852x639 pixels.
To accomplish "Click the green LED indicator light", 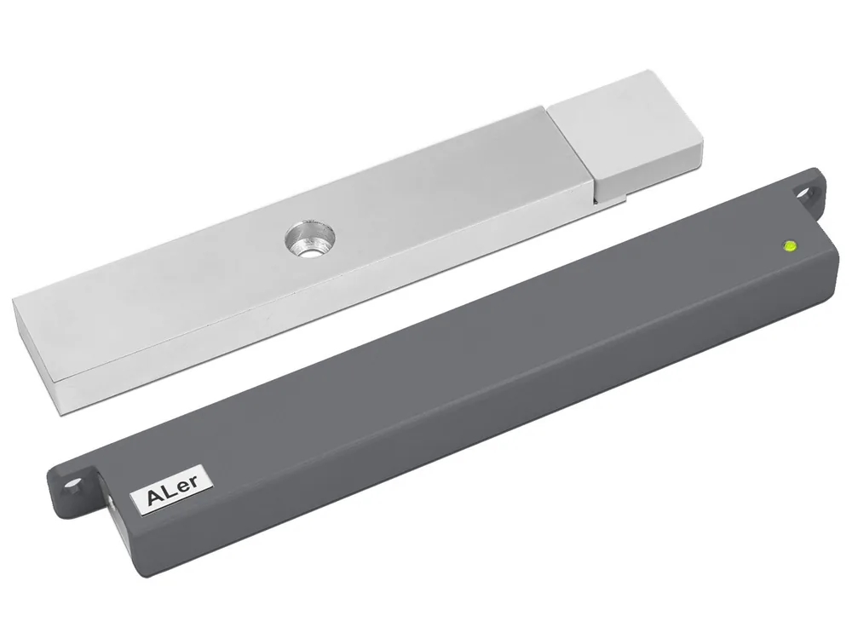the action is coord(790,245).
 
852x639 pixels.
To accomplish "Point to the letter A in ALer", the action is coord(155,497).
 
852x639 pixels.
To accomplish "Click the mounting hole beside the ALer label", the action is coord(72,484).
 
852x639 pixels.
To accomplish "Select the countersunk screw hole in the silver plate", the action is coord(309,239).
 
